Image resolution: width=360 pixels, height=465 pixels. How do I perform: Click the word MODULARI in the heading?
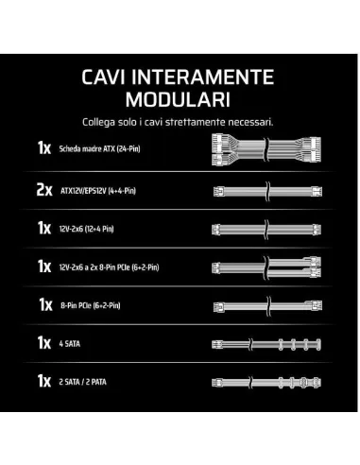(x=178, y=99)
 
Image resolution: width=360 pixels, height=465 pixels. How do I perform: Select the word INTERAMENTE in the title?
(x=202, y=77)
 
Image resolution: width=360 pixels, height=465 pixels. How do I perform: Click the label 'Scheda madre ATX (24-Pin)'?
(x=99, y=148)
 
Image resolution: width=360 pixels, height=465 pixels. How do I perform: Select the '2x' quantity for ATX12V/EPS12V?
(x=44, y=190)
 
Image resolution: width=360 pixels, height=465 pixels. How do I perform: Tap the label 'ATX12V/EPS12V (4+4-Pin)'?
(x=98, y=191)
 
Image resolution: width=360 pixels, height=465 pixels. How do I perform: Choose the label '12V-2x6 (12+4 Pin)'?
(x=86, y=229)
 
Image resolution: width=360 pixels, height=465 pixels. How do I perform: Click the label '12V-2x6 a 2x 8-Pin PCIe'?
(x=109, y=267)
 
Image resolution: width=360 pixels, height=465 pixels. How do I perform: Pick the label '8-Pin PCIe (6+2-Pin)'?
(x=91, y=305)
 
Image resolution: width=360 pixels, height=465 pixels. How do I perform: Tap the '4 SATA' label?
(x=70, y=343)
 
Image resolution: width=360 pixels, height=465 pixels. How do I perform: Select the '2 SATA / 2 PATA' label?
(x=82, y=382)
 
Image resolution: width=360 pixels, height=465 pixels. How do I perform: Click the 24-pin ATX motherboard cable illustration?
(x=266, y=149)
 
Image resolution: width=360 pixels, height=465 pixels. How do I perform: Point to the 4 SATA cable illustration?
(x=266, y=344)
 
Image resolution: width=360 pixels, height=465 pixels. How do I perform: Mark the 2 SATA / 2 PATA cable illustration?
(x=266, y=383)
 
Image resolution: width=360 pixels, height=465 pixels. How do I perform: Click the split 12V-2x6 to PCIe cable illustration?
(x=266, y=267)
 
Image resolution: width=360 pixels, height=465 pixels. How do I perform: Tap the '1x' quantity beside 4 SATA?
(x=44, y=342)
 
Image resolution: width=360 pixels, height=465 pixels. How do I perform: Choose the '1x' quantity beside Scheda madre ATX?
(x=44, y=147)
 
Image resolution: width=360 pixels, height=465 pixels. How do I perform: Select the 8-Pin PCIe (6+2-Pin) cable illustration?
(x=267, y=305)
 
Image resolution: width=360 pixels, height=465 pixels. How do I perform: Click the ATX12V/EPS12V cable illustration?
(x=267, y=191)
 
